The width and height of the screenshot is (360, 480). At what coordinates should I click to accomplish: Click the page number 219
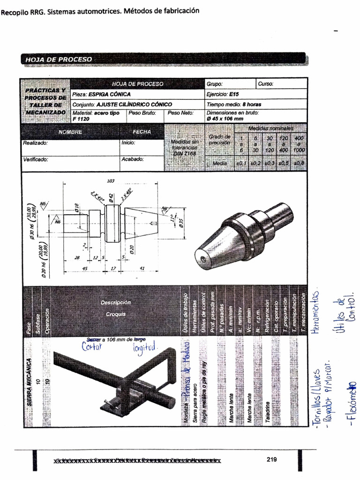(271, 459)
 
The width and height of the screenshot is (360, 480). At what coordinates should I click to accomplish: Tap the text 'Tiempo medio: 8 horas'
(234, 104)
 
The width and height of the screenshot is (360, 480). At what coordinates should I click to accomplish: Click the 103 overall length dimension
(111, 181)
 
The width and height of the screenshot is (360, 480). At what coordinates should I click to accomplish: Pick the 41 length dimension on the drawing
(142, 268)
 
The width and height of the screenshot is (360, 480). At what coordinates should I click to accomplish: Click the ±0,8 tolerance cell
(300, 163)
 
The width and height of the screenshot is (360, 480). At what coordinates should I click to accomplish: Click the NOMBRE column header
(70, 132)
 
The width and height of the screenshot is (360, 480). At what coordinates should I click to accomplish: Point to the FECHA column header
(142, 132)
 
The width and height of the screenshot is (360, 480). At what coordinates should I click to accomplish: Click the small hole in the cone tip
(202, 259)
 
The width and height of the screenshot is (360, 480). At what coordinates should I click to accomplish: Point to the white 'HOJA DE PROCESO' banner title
(59, 60)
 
